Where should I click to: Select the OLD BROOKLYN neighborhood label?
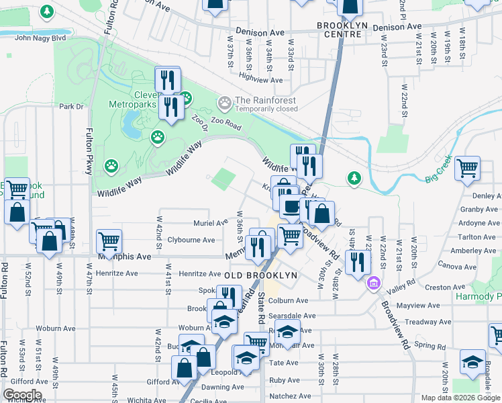pos(261,275)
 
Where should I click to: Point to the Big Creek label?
pos(438,177)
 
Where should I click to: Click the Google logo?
pos(21,395)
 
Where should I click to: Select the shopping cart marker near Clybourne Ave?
pos(109,240)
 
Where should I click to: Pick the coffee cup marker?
pos(291,207)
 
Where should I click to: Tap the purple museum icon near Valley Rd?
pos(373,284)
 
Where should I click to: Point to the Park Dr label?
pos(70,106)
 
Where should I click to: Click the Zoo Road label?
pos(225,122)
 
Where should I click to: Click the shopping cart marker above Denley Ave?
pos(467,167)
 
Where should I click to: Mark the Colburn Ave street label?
pos(289,301)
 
